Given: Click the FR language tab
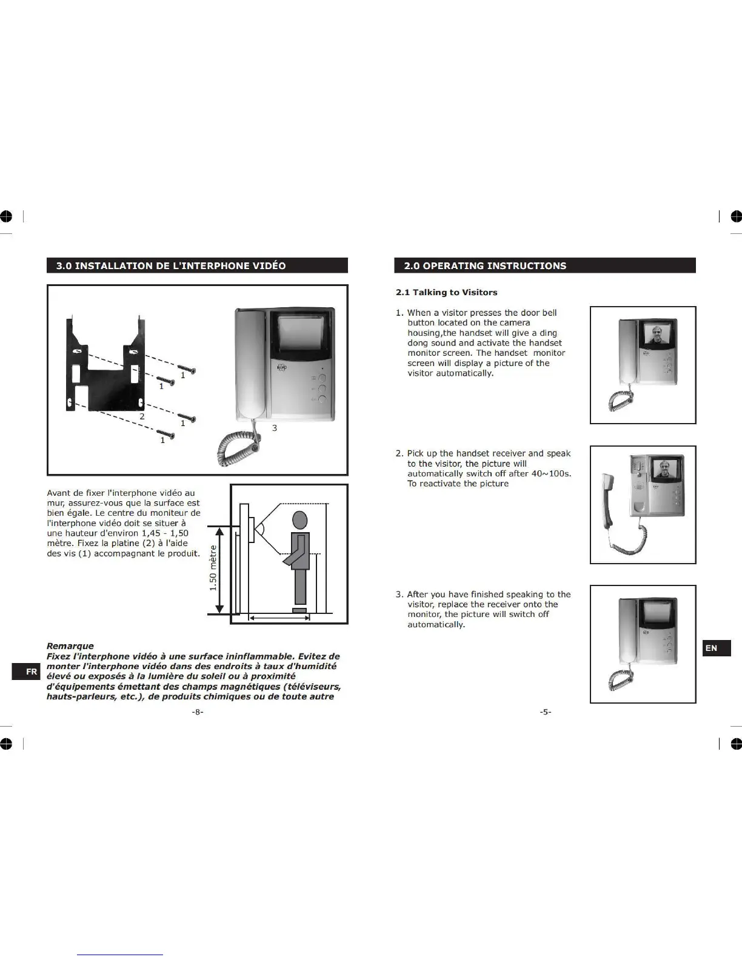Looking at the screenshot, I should click(31, 672).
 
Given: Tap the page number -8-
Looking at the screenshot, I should click(198, 712).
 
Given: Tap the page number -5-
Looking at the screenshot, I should click(546, 712).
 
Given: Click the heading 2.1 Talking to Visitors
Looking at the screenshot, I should click(446, 292).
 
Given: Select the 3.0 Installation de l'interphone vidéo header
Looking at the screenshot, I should click(197, 265).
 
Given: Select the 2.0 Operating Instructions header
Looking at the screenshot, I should click(544, 265).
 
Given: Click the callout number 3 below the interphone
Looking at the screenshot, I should click(275, 428).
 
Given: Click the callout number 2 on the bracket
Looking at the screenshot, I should click(142, 416).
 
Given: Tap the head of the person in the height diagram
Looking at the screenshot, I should click(301, 521).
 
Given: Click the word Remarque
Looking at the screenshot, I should click(70, 645).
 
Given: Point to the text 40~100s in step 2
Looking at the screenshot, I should click(549, 473).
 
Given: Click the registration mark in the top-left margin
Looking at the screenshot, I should click(7, 216).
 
